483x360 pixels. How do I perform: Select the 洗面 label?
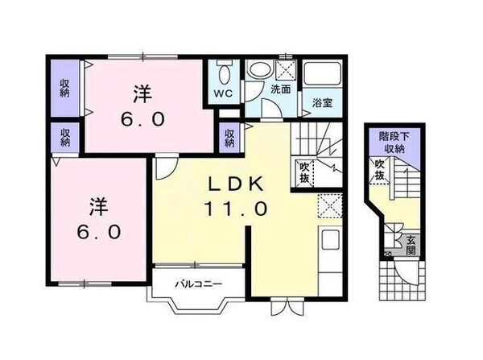coord(280,89)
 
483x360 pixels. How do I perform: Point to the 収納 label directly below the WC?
coord(229,138)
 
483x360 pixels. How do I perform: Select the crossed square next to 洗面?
coord(284,68)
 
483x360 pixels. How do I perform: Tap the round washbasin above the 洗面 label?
coord(258,70)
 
